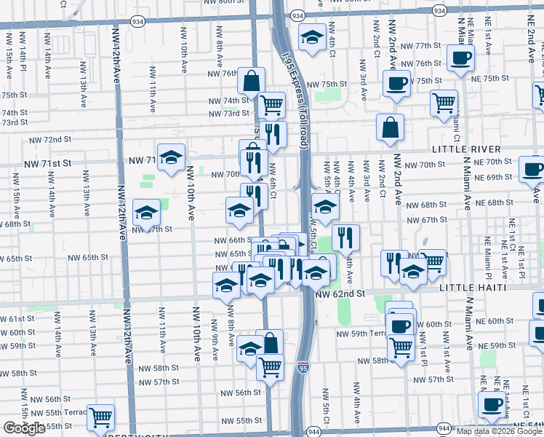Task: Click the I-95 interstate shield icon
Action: coord(303,369)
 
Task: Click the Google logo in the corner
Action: coord(24,428)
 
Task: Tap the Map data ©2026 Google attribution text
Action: coord(498,431)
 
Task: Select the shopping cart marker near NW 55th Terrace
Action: coord(101,417)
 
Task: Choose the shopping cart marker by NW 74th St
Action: coord(271,105)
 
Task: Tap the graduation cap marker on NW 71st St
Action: coord(171,157)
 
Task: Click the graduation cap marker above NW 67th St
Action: coord(146,213)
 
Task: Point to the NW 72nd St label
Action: coord(50,139)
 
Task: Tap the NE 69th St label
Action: coord(494,178)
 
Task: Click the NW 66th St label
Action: coord(233,240)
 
